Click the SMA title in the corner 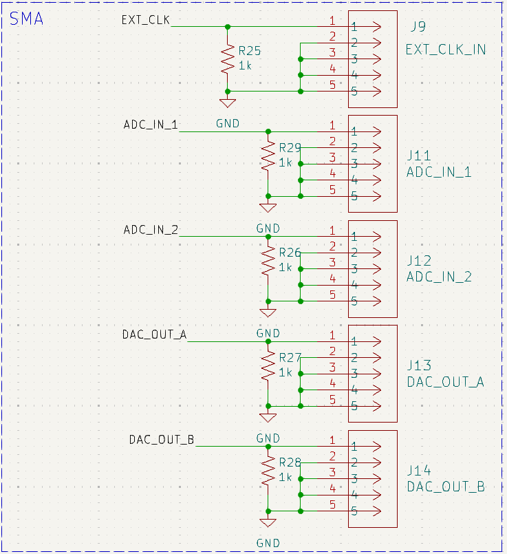coord(26,19)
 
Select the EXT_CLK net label coord(145,19)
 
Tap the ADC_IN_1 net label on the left coord(151,125)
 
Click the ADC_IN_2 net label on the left coord(151,229)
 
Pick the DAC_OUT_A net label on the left coord(154,334)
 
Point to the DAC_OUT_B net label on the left coord(161,439)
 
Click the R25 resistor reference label coord(250,51)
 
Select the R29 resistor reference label coord(290,147)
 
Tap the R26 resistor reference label coord(290,253)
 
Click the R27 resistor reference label coord(290,357)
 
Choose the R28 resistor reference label coord(290,462)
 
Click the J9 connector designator coord(418,28)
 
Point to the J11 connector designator coord(419,156)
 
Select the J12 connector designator coord(419,261)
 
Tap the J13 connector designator coord(419,365)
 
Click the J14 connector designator coord(419,471)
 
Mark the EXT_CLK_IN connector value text coord(446,50)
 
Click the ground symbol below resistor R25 coord(228,103)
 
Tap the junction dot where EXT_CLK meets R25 coord(228,27)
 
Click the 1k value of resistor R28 coord(285,477)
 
